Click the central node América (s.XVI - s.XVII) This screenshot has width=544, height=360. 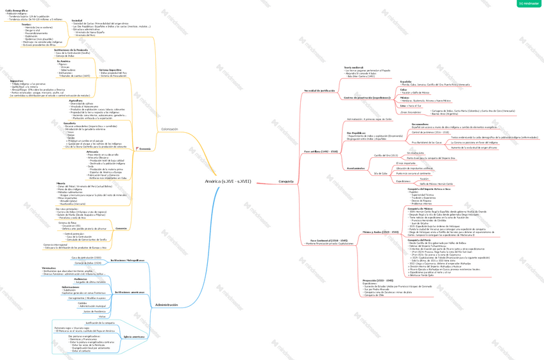click(228, 182)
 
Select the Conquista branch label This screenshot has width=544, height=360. click(286, 182)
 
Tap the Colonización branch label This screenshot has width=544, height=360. click(170, 129)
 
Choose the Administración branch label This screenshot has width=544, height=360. click(167, 305)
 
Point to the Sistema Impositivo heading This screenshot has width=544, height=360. click(110, 70)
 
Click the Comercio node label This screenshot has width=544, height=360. click(121, 229)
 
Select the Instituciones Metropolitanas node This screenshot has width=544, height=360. click(127, 261)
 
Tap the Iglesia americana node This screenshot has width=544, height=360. click(134, 336)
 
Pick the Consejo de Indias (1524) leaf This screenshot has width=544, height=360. click(87, 263)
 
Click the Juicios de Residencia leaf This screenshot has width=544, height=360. click(94, 311)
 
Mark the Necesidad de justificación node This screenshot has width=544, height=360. click(319, 90)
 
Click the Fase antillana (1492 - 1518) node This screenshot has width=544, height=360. click(321, 151)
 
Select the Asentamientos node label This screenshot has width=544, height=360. click(356, 168)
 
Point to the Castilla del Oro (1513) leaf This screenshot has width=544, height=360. click(386, 155)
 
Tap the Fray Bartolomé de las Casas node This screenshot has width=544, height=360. click(427, 142)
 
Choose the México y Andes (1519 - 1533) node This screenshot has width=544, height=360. click(380, 232)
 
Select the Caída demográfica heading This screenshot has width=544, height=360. click(17, 11)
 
